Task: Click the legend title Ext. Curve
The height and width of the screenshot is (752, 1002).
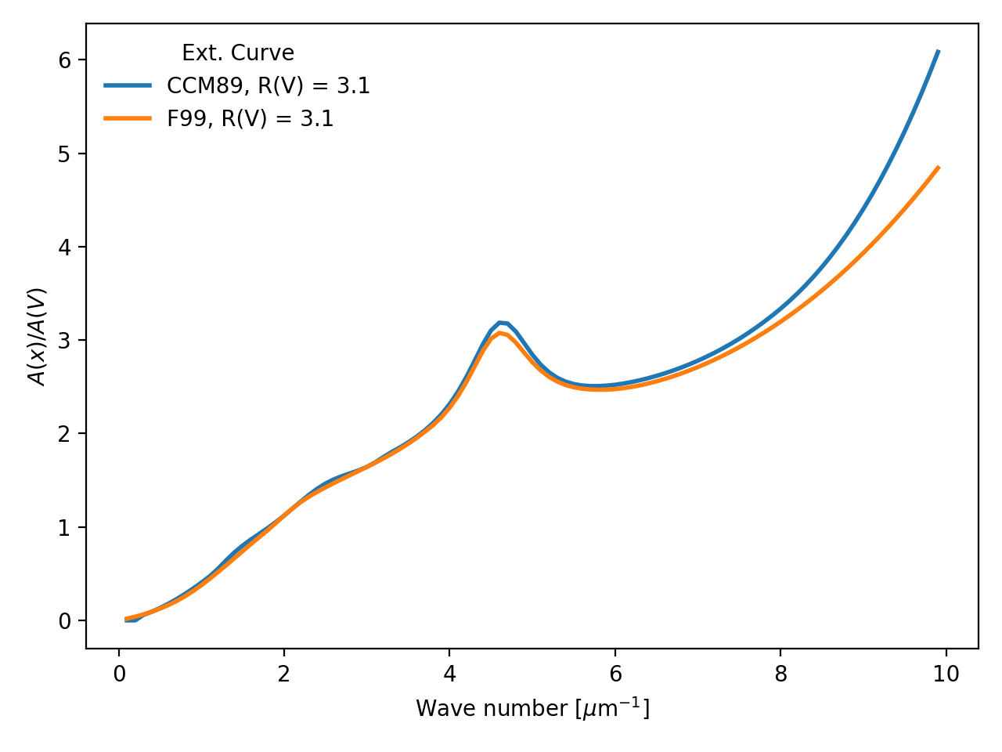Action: coord(238,53)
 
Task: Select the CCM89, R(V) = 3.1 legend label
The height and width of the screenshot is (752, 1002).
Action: coord(269,86)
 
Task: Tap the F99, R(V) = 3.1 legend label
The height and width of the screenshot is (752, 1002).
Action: coord(250,119)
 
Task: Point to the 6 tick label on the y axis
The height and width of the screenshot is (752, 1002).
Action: coord(65,60)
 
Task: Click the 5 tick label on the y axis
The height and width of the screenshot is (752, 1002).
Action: coord(65,154)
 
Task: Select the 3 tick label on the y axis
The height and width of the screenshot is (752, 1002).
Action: coord(65,341)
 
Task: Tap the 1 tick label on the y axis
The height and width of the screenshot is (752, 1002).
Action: coord(65,527)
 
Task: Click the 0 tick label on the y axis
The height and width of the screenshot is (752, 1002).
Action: coord(65,621)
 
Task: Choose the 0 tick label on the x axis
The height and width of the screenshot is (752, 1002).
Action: coord(119,674)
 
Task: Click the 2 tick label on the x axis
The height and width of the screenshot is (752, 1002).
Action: coord(284,674)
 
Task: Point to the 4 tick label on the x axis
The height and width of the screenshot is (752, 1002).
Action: coord(449,674)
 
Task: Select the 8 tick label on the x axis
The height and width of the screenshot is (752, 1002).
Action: coord(780,674)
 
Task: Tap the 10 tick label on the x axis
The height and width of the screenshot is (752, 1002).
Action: coord(946,674)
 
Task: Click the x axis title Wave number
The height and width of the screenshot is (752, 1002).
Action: coord(532,708)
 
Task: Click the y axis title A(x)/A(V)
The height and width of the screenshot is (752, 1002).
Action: coord(38,336)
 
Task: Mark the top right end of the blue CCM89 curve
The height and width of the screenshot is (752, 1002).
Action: coord(938,51)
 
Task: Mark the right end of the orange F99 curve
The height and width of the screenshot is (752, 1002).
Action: coord(938,168)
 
